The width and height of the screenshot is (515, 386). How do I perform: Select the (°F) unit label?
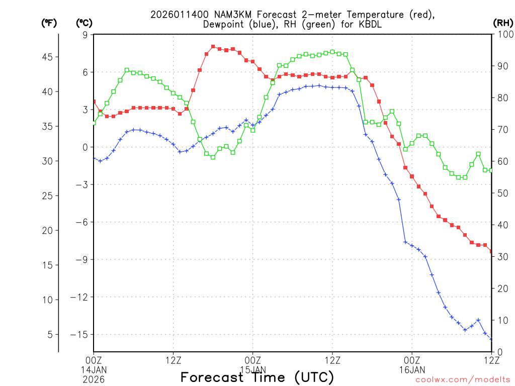[x=49, y=23]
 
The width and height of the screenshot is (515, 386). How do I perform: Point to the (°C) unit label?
[x=84, y=23]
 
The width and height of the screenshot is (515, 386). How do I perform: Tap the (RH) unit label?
[x=503, y=23]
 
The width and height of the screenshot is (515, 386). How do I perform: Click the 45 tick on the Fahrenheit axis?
[x=48, y=57]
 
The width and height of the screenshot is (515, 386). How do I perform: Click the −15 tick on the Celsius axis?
[x=79, y=334]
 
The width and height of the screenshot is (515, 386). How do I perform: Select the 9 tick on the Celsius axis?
[x=85, y=35]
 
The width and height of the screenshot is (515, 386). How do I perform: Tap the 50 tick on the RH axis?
[x=501, y=193]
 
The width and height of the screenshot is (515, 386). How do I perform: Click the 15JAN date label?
[x=252, y=369]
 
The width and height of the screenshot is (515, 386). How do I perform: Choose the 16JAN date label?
[x=412, y=369]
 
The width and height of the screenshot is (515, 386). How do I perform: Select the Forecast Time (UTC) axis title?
[x=257, y=377]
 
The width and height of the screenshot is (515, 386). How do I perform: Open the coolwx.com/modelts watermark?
[x=463, y=379]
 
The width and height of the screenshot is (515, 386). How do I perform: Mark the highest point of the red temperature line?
[x=213, y=46]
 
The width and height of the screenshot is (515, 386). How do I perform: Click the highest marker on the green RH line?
[x=332, y=52]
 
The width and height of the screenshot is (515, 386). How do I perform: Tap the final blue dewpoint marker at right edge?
[x=491, y=339]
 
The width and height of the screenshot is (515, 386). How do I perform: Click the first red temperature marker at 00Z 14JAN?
[x=94, y=102]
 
